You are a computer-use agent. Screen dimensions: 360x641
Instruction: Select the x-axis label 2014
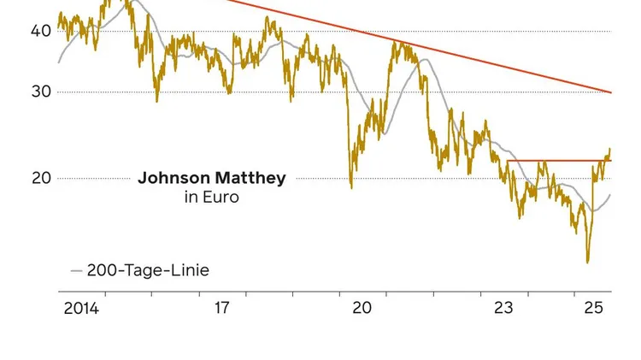[x=81, y=308]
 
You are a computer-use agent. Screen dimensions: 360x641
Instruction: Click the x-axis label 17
[x=222, y=308]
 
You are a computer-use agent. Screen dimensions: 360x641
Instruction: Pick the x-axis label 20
[x=362, y=308]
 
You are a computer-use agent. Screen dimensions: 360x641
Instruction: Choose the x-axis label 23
[x=503, y=308]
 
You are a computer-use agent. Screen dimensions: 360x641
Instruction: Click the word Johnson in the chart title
[x=173, y=179]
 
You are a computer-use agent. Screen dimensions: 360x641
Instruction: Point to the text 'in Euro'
[x=211, y=198]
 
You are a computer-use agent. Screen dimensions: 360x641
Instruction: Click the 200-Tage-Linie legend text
[x=148, y=270]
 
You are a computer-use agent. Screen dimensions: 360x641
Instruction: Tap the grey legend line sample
[x=76, y=271]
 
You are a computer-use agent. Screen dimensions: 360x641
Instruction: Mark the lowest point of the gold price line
[x=587, y=262]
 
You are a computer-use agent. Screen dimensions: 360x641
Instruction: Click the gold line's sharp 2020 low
[x=351, y=187]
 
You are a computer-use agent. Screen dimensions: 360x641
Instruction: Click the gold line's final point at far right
[x=610, y=150]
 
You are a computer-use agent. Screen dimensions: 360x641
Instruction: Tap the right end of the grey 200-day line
[x=611, y=194]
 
